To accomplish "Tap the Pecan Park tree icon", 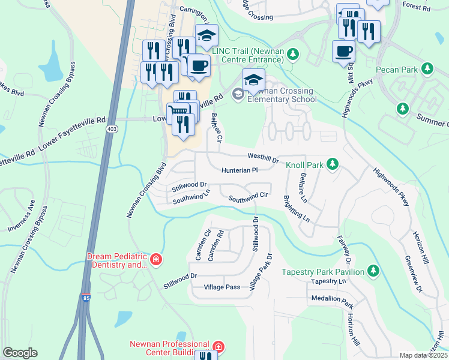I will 428,70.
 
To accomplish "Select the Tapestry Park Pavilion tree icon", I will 372,272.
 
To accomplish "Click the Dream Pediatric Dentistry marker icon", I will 156,260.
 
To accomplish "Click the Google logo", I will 20,353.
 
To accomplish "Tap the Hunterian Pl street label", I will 239,170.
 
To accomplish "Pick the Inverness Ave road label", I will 22,220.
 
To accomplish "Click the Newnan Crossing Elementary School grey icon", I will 238,94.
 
